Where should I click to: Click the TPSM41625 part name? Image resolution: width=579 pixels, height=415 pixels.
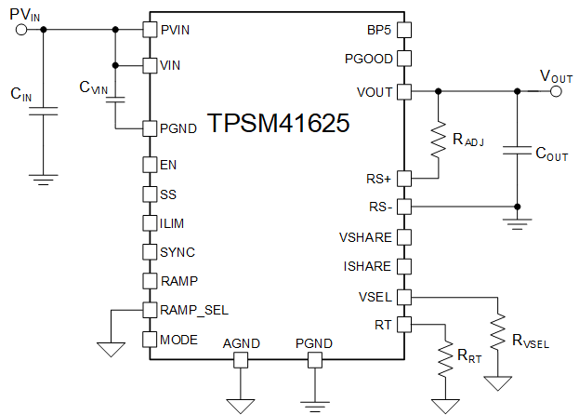pyautogui.click(x=278, y=125)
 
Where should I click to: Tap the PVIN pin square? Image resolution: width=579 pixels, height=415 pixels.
pyautogui.click(x=148, y=29)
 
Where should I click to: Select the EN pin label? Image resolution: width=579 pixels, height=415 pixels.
pyautogui.click(x=167, y=165)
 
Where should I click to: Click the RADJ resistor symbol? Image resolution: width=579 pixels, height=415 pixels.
pyautogui.click(x=437, y=141)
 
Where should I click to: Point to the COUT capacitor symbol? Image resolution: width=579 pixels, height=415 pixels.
pyautogui.click(x=517, y=150)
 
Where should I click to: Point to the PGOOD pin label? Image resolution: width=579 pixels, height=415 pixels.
pyautogui.click(x=368, y=60)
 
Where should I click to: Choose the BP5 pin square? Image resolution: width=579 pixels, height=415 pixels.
pyautogui.click(x=405, y=29)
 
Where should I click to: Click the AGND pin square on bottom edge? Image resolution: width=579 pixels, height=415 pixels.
pyautogui.click(x=242, y=359)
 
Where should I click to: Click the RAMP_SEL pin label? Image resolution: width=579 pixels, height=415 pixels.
pyautogui.click(x=193, y=310)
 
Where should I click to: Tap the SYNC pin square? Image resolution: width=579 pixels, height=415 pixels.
pyautogui.click(x=148, y=251)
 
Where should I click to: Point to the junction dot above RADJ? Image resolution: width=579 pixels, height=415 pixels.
pyautogui.click(x=437, y=91)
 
